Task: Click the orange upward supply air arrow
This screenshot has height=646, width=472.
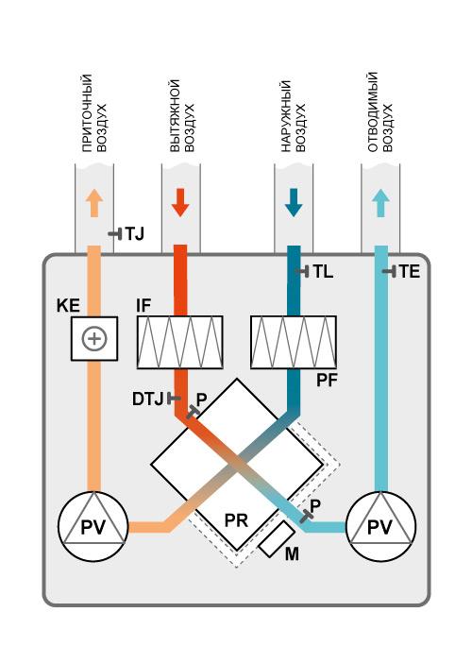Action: [x=94, y=203]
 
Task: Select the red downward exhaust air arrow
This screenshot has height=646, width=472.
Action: [x=180, y=203]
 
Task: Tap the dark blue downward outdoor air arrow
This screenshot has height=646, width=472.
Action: [x=294, y=203]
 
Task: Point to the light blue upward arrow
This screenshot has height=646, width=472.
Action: [x=380, y=203]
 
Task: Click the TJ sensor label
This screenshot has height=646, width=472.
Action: [x=134, y=234]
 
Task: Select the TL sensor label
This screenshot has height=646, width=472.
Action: [x=323, y=271]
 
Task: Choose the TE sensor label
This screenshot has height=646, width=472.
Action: [x=410, y=271]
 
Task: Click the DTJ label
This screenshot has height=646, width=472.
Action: [x=147, y=399]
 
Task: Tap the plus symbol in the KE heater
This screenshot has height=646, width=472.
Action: [x=94, y=339]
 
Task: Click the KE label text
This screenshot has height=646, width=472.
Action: [x=68, y=306]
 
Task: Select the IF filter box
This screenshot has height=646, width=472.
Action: [x=180, y=342]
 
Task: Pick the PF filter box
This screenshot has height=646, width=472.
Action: [x=294, y=342]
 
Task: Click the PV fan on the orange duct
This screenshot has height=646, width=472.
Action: [x=93, y=526]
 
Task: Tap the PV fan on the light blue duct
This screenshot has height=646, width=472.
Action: [x=380, y=526]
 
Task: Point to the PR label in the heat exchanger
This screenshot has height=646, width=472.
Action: [x=236, y=520]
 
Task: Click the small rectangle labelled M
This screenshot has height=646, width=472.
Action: [x=277, y=539]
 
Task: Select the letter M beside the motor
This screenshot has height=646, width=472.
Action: [x=292, y=554]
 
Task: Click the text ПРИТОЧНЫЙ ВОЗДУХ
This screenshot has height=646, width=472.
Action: [x=94, y=113]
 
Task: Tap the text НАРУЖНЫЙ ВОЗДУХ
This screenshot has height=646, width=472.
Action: [x=294, y=116]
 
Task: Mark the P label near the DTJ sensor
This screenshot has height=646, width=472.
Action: [x=201, y=399]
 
